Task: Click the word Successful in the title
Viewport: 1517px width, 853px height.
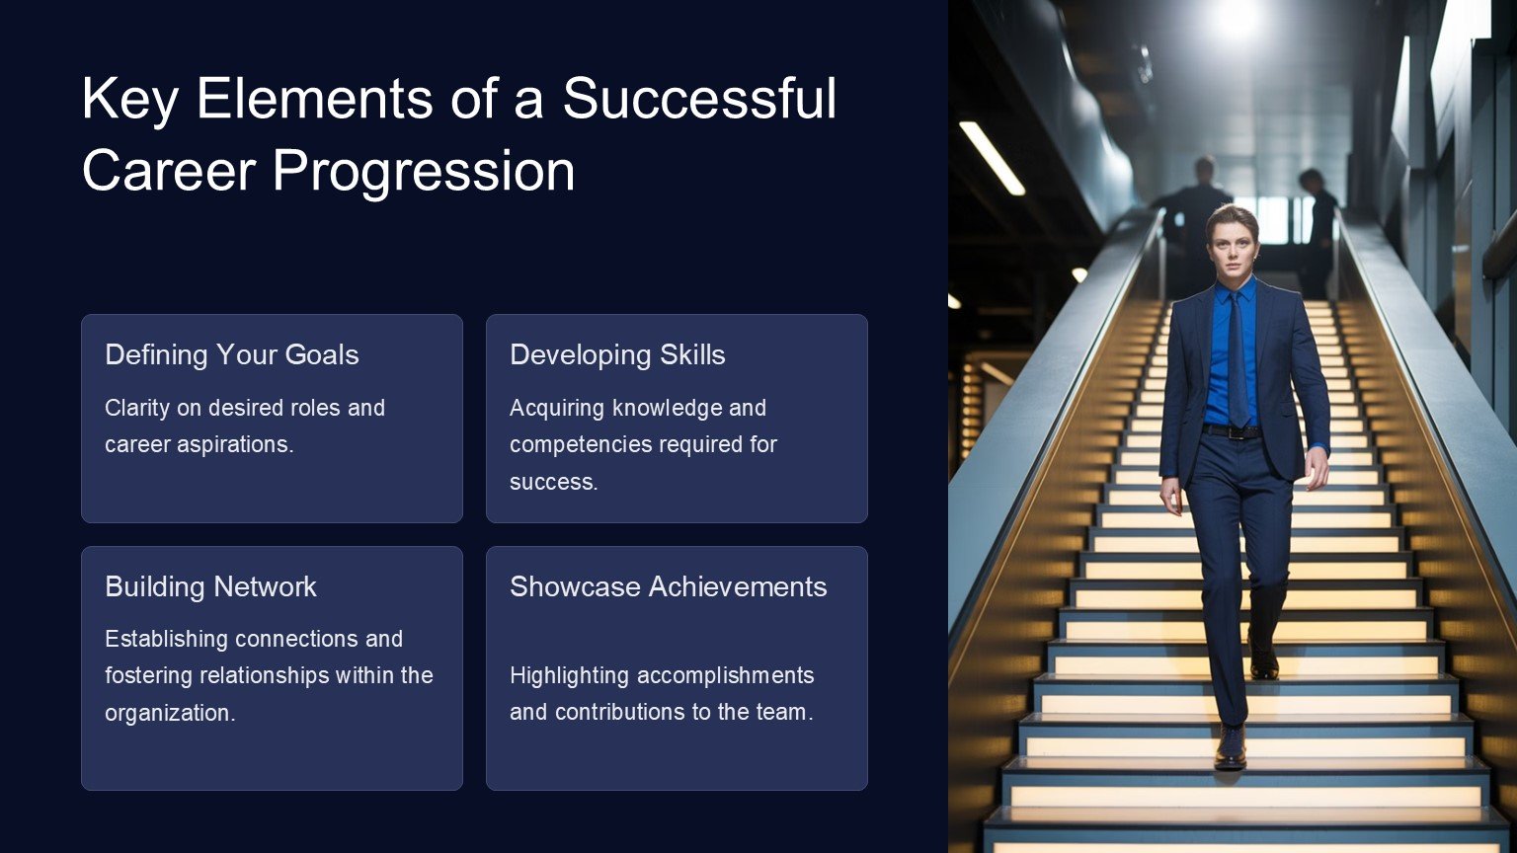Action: coord(699,98)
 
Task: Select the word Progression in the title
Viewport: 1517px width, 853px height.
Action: coord(424,172)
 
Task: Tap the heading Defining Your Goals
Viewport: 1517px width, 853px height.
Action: coord(232,354)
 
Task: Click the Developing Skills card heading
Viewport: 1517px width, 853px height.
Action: coord(617,354)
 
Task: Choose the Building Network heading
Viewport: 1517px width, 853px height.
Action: coord(210,587)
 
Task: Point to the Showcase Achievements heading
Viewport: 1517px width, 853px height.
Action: coord(669,587)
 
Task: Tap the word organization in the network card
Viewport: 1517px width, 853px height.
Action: coord(170,713)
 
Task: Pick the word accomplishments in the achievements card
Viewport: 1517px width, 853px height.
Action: coord(725,675)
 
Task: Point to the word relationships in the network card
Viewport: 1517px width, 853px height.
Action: coord(264,675)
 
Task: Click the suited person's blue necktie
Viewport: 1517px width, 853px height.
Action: coord(1238,358)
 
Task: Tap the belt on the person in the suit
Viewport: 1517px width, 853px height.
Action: coord(1232,431)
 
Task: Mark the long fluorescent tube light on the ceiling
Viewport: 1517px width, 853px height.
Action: coord(993,158)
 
